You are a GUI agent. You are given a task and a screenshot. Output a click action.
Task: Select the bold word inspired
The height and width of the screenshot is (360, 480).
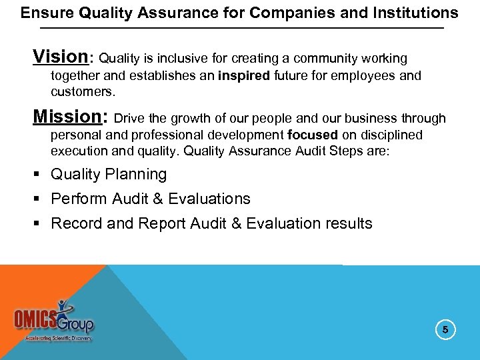[244, 75]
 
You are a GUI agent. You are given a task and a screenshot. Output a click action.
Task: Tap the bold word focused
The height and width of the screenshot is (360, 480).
[313, 135]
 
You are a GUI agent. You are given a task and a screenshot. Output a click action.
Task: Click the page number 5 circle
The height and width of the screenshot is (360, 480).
[446, 329]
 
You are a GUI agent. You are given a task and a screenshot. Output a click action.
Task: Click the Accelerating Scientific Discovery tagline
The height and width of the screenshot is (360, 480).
[59, 339]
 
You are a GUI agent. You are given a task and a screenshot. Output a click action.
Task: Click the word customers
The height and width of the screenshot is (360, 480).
[83, 91]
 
